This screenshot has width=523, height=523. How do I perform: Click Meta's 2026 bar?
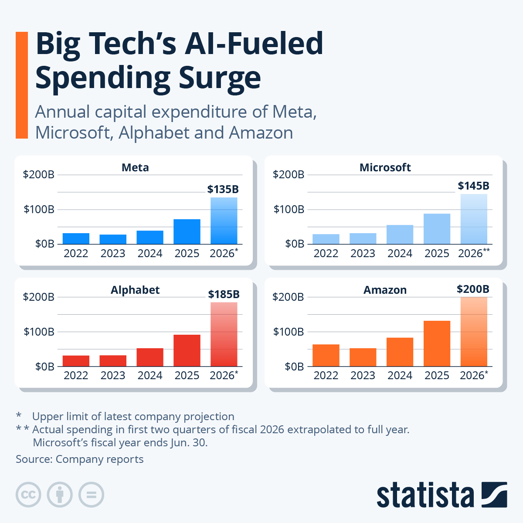click(224, 221)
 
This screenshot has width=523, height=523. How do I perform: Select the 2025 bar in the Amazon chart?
click(437, 343)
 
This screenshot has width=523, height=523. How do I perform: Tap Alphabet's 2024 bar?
click(150, 357)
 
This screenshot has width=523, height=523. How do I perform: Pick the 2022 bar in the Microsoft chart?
click(326, 239)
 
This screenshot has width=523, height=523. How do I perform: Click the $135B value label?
click(223, 189)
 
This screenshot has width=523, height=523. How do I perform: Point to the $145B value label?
click(473, 186)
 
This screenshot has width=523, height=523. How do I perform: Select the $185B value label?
click(224, 294)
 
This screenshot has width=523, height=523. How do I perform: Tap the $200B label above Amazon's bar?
click(473, 289)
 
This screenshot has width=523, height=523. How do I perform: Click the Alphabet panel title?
click(135, 290)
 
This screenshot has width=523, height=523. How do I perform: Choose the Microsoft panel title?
click(385, 168)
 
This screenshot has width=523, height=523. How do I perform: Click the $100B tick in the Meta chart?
click(39, 210)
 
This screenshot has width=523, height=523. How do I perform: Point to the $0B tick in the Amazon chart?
click(294, 367)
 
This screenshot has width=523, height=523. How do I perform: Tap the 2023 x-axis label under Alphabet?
click(113, 376)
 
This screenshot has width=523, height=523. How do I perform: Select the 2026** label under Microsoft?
click(473, 253)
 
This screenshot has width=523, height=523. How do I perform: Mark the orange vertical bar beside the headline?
click(21, 85)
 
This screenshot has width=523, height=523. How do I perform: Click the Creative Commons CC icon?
click(28, 495)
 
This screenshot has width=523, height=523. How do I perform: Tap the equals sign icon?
click(91, 495)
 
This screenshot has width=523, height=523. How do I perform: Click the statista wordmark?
click(425, 495)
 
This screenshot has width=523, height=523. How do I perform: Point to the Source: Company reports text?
click(80, 459)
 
